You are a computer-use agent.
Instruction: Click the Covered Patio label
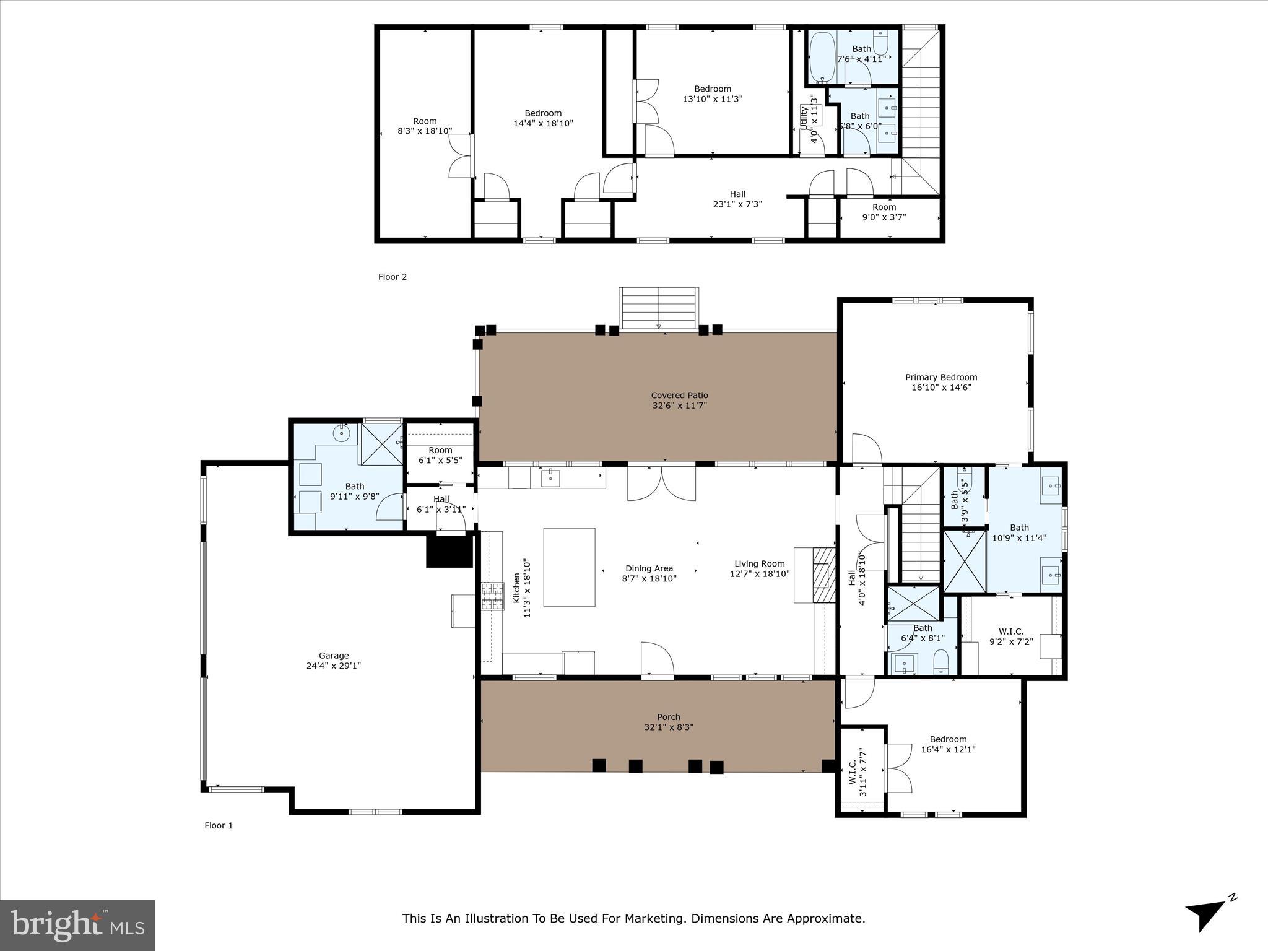point(679,396)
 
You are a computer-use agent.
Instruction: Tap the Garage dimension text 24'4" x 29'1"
point(334,666)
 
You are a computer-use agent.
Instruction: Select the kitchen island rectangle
point(569,567)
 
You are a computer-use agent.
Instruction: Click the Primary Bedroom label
point(941,378)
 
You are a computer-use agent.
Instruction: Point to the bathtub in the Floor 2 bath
point(822,58)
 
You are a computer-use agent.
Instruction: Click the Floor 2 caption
point(393,277)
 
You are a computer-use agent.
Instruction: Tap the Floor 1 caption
point(219,825)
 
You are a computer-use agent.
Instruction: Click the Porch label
point(669,718)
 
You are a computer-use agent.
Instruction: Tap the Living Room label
point(760,564)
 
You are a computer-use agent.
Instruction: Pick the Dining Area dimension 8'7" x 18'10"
point(649,579)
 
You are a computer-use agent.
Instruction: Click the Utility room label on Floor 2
point(804,118)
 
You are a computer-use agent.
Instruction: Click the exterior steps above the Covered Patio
point(659,308)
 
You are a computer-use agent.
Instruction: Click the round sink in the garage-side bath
point(342,433)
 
